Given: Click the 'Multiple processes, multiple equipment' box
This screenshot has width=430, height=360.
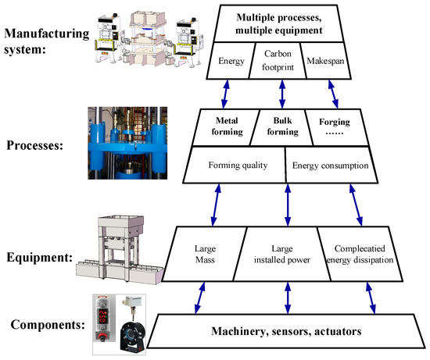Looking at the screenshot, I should click(x=284, y=24).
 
